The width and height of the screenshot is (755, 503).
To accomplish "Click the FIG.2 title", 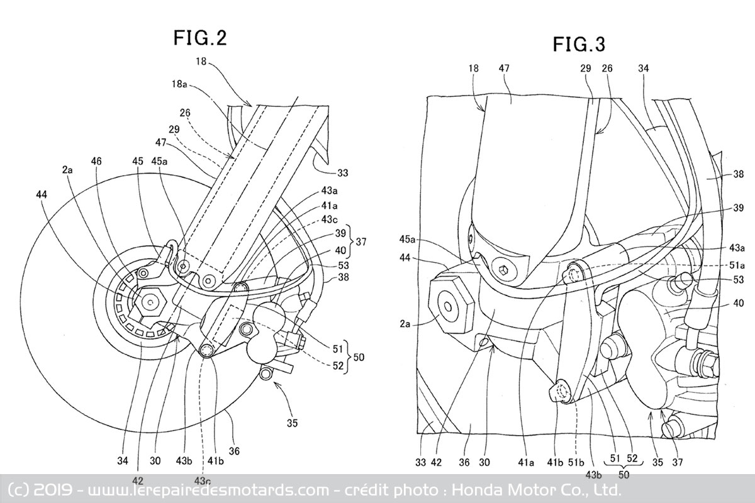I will click(x=200, y=38).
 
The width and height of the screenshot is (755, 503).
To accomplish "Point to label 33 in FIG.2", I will click(x=343, y=172).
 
